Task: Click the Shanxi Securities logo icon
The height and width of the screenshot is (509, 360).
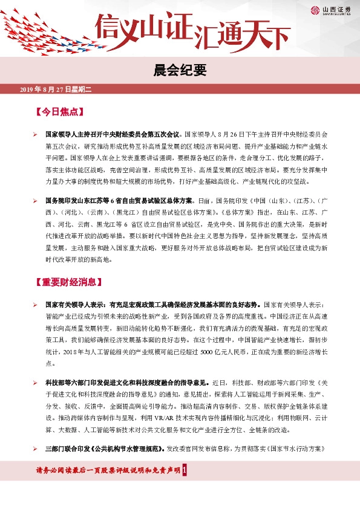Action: click(x=315, y=10)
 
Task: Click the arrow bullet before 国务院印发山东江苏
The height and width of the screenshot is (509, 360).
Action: click(x=36, y=200)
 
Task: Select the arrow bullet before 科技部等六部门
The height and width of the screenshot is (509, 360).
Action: click(x=36, y=383)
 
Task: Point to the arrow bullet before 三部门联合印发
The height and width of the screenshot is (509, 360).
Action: click(x=36, y=449)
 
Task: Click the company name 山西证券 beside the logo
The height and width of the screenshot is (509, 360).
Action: click(x=335, y=8)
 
